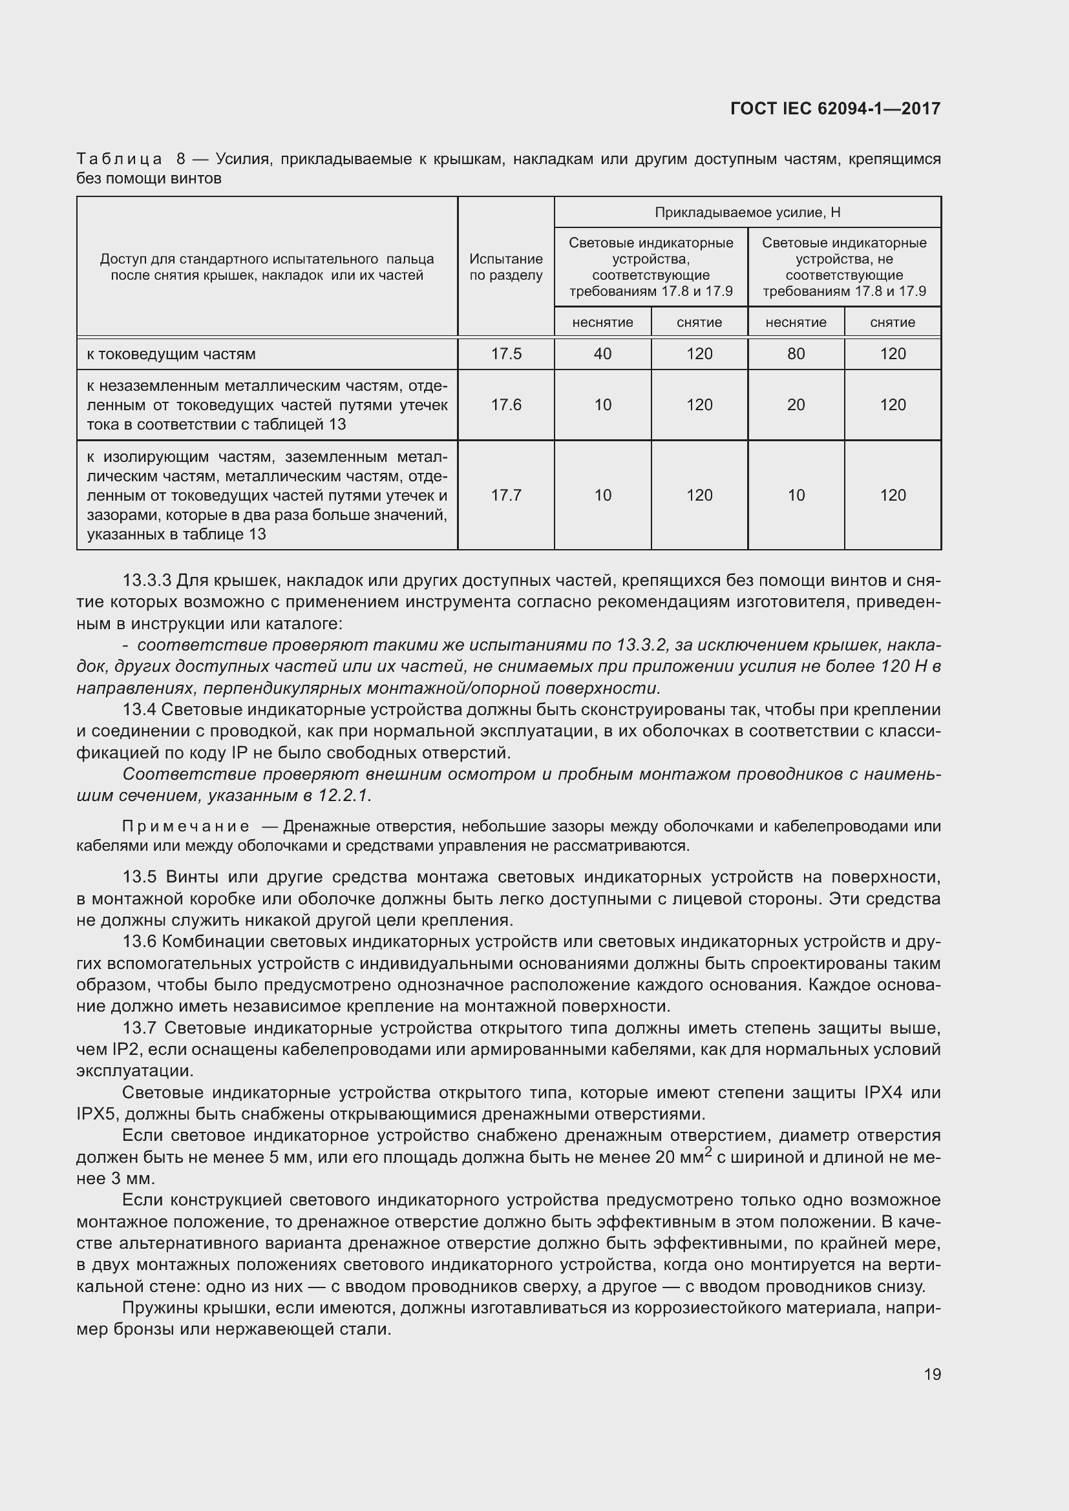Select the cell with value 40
602,354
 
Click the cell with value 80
796,354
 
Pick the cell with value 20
796,405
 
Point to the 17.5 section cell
505,354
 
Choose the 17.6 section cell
505,405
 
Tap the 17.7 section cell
505,495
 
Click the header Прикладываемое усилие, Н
747,213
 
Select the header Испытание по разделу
505,267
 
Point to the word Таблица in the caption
119,160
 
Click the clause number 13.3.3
147,581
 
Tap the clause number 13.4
139,710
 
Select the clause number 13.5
139,877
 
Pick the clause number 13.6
139,942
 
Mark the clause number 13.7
139,1028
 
